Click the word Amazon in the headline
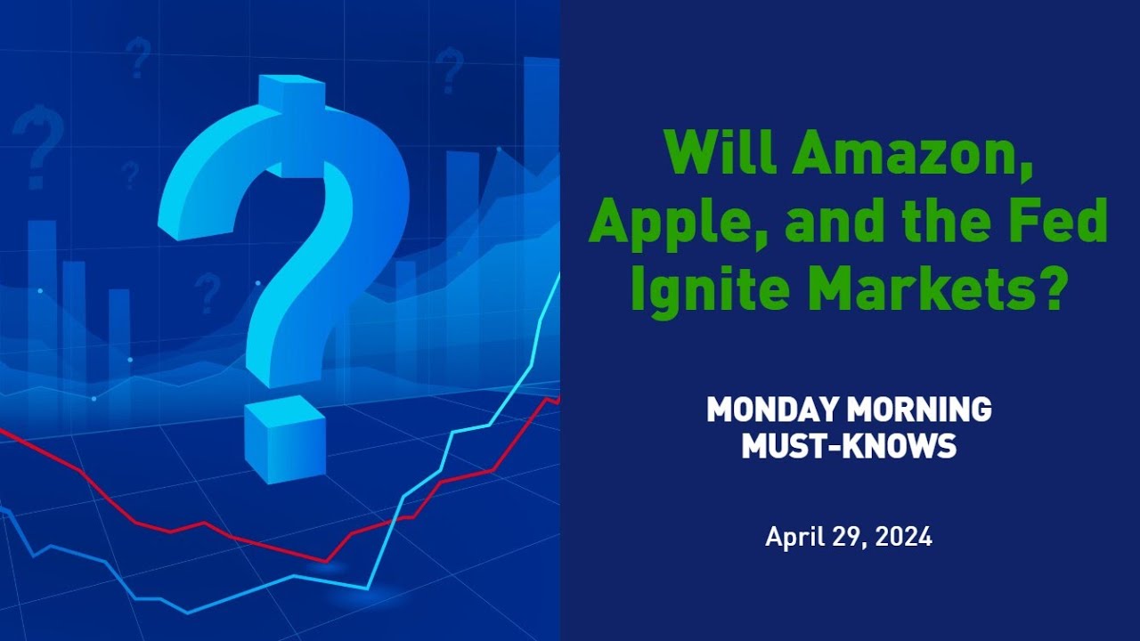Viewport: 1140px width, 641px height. (x=900, y=154)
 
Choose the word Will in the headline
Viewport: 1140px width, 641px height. (x=717, y=154)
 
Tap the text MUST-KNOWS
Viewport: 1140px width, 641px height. (x=849, y=445)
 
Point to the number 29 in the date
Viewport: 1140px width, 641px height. (x=848, y=538)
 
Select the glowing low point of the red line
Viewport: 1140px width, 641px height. (x=326, y=562)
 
